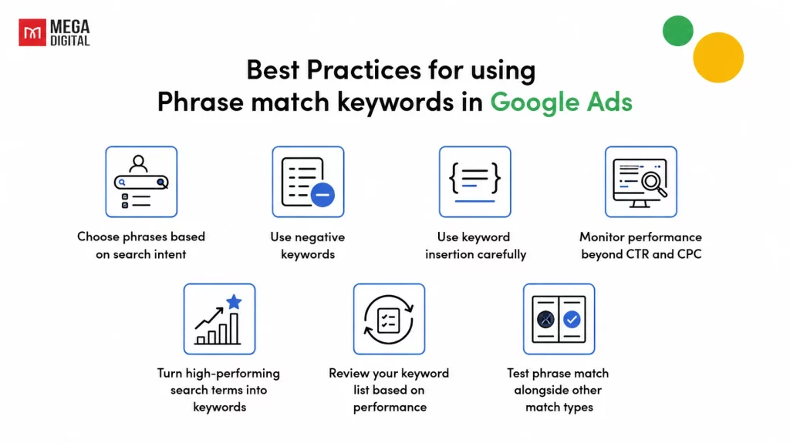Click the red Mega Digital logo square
point(32,32)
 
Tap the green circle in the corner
point(677,31)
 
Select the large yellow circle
point(718,57)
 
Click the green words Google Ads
point(561,102)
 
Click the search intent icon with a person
point(141,182)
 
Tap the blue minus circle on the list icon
point(322,195)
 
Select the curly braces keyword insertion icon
point(474,182)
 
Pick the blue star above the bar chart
point(234,301)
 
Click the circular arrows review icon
point(389,319)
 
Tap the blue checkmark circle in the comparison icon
point(572,319)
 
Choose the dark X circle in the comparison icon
point(545,319)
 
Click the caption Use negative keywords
point(308,246)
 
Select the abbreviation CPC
point(689,254)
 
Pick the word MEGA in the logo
point(70,27)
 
